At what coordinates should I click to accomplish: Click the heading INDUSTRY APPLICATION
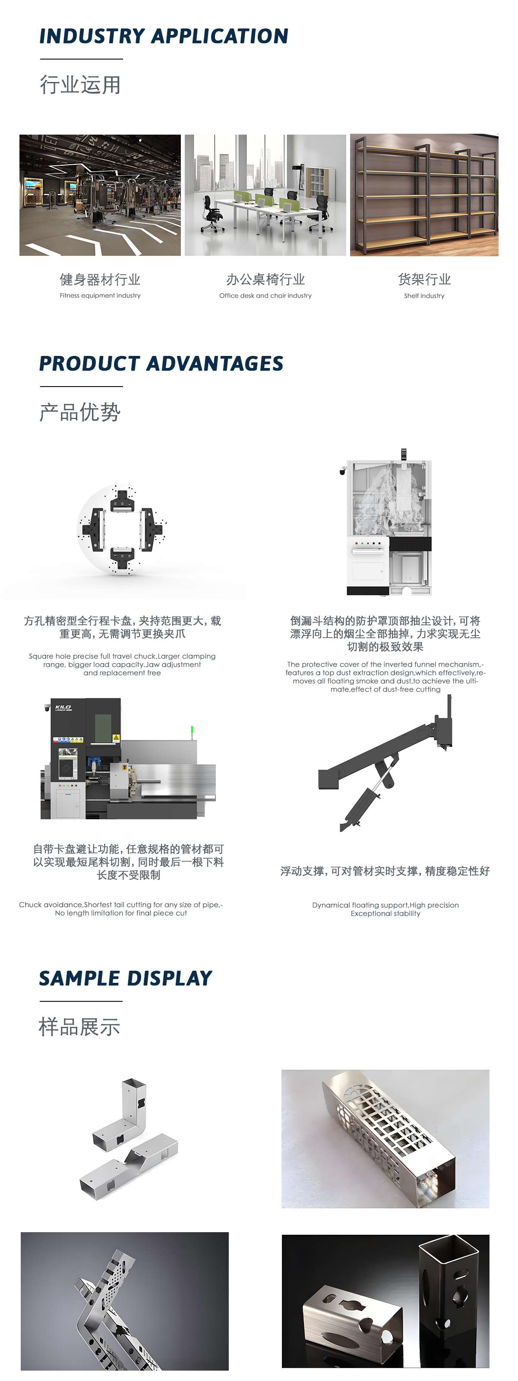(x=164, y=36)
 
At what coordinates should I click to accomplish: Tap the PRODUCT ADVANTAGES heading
(x=161, y=363)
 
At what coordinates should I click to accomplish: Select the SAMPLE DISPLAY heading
(x=126, y=978)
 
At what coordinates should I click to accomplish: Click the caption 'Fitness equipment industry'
(x=100, y=296)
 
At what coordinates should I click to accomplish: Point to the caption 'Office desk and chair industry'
(x=265, y=296)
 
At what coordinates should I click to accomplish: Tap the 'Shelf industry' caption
(x=424, y=296)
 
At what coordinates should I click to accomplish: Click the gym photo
(x=100, y=195)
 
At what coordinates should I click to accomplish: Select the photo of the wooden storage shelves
(x=424, y=195)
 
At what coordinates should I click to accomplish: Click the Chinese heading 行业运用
(x=80, y=85)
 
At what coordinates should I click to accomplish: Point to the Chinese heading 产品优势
(x=80, y=412)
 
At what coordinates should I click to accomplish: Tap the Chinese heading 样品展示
(x=79, y=1027)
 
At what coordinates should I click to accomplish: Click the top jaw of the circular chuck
(x=122, y=502)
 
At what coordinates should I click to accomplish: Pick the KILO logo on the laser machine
(x=63, y=708)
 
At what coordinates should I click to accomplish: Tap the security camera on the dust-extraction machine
(x=343, y=471)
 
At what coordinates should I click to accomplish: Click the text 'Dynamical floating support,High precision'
(x=385, y=905)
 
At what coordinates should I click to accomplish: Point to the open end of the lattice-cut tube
(x=437, y=1186)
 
